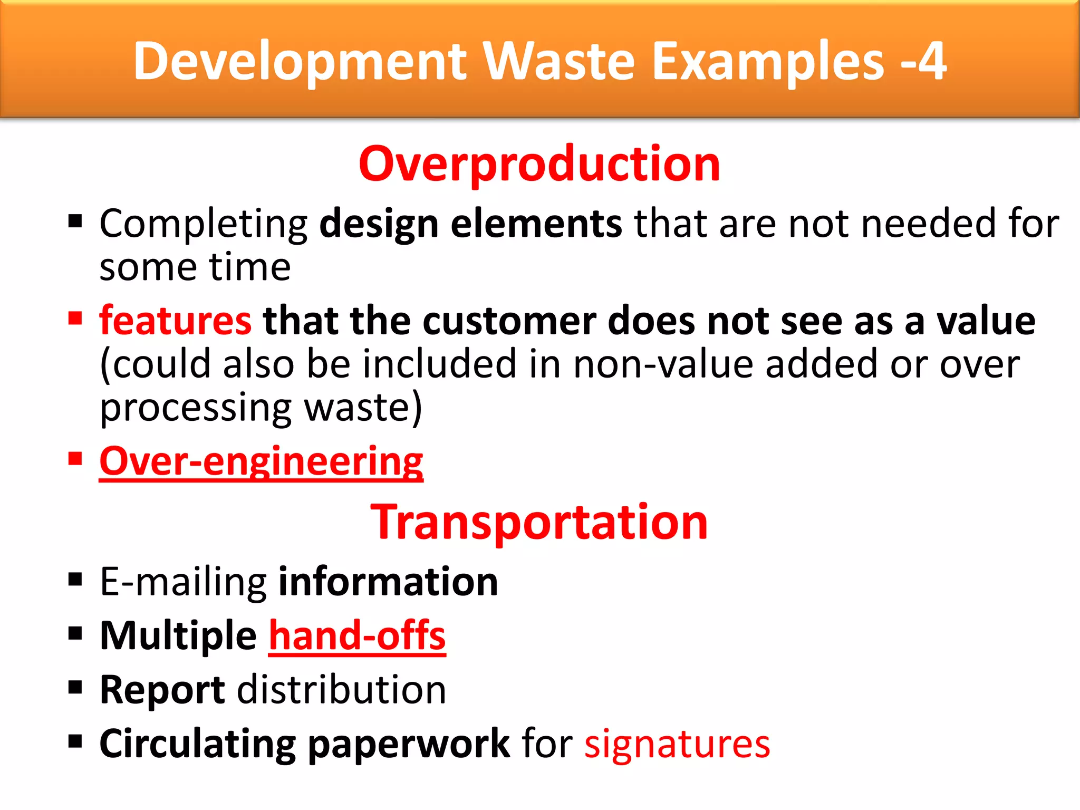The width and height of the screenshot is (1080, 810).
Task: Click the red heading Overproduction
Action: point(539,165)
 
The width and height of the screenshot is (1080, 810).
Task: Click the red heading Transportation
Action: point(539,522)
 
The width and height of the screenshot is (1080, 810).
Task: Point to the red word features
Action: point(175,321)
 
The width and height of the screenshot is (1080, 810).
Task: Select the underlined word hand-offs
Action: point(357,636)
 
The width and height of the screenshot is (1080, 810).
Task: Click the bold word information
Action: point(388,582)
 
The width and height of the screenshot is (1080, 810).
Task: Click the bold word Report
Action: point(162,690)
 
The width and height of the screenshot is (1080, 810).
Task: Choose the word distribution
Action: point(342,690)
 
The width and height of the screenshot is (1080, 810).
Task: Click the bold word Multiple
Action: point(178,636)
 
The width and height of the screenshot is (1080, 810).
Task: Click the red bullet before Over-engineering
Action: point(75,458)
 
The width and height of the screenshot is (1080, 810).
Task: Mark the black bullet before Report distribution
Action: point(75,687)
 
